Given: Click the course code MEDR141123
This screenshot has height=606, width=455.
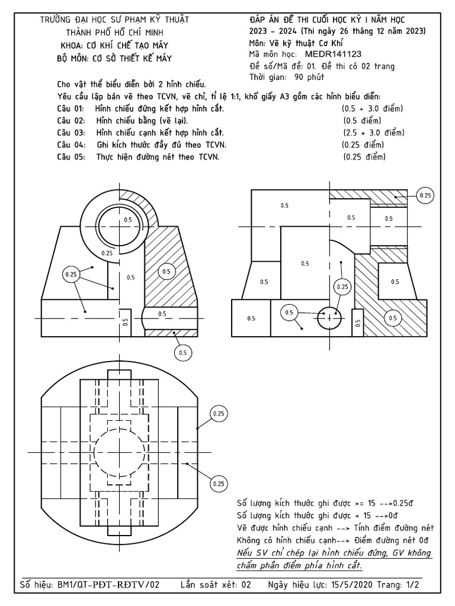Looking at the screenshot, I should [337, 54].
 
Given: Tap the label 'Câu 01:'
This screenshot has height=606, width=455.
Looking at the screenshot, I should [71, 109].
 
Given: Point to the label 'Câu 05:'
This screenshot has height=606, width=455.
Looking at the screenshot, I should [71, 157].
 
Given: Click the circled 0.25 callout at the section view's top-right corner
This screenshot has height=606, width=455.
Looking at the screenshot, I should [425, 195].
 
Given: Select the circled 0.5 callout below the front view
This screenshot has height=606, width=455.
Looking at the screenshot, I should [182, 353].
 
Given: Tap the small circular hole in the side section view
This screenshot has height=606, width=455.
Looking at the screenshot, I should [331, 318].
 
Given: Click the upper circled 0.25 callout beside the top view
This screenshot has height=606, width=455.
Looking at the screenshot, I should [219, 413].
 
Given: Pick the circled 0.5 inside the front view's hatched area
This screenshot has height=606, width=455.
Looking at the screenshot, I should [166, 272].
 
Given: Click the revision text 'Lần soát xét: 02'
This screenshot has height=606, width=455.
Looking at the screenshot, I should [216, 585].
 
